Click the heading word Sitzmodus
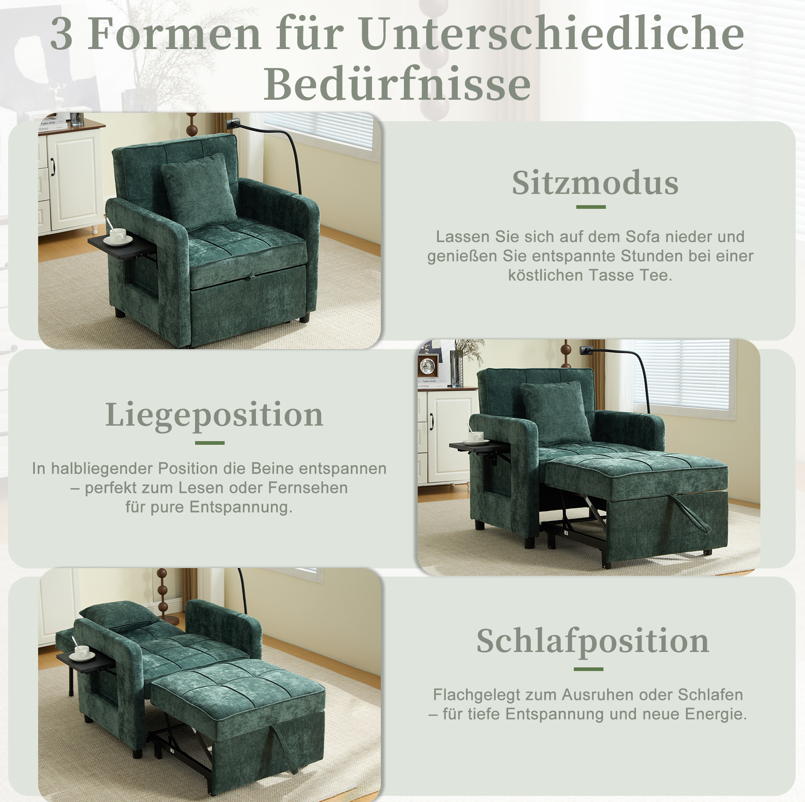pos(595,183)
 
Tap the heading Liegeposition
pos(214,416)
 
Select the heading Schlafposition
pos(592,642)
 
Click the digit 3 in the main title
pos(62,34)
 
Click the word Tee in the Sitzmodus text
pos(657,275)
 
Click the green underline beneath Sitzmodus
pos(591,207)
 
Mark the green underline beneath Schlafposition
pos(588,669)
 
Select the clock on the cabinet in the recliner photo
pos(428,366)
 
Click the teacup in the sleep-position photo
pos(82,652)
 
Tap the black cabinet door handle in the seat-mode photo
pos(53,167)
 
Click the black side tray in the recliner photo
pos(479,446)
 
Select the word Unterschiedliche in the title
pos(552,34)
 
